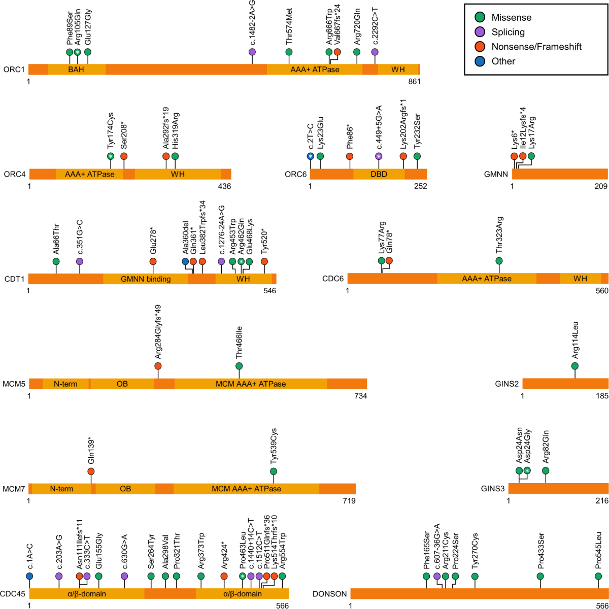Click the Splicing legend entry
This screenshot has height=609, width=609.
(x=508, y=32)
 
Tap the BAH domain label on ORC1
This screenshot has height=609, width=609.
(x=76, y=69)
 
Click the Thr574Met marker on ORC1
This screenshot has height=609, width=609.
(x=289, y=52)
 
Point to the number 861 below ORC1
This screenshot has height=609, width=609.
(x=414, y=81)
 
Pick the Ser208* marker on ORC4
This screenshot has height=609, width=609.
(x=124, y=156)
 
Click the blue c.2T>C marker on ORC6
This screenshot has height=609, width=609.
(x=311, y=156)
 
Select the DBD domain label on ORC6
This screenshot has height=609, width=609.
(x=379, y=174)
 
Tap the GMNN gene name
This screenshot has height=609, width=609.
(x=496, y=174)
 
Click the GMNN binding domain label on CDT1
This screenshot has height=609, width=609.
(x=146, y=279)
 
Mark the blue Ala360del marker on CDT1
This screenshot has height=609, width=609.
(x=185, y=261)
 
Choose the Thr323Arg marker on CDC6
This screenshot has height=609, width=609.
(x=499, y=261)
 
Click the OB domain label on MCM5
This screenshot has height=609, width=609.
(x=122, y=384)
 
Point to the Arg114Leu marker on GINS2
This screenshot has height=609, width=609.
(x=575, y=366)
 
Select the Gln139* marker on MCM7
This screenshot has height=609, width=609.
(x=91, y=471)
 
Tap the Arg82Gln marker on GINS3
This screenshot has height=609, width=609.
(x=546, y=470)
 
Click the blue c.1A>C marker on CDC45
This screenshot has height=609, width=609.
(x=29, y=576)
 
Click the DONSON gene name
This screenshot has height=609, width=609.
(x=330, y=594)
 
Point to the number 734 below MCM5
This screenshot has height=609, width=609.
(x=360, y=396)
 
